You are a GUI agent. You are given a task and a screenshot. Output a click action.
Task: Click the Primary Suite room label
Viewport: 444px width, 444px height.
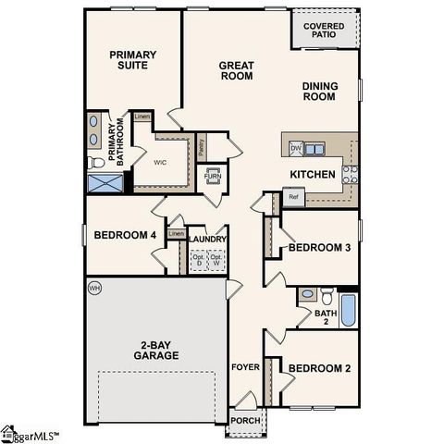coord(133,60)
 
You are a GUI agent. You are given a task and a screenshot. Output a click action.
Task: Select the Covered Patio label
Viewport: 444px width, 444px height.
coord(326,31)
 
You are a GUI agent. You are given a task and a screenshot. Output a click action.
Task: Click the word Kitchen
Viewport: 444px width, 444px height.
coord(312,174)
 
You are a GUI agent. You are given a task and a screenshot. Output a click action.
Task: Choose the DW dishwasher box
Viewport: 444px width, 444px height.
coord(295,148)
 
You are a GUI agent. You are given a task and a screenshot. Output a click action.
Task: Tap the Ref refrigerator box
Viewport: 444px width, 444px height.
coord(292,196)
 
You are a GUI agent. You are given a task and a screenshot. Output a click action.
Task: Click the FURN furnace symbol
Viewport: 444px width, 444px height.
coord(212,176)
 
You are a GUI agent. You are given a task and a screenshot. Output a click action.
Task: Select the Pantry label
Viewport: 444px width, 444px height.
coord(202,145)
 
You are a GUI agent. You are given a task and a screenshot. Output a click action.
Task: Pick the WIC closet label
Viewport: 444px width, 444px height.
coord(159,162)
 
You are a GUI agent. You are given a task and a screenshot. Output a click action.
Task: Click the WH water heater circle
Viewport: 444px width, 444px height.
coord(93,289)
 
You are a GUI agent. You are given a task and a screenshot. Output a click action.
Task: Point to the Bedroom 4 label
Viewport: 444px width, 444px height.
coord(125,235)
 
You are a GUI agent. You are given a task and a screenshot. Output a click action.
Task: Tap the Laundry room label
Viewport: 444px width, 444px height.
coord(207,239)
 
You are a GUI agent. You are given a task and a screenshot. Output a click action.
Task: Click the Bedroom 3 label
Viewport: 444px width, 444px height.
coord(319,248)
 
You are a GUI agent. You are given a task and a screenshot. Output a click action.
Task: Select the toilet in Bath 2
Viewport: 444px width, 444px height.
coord(327,297)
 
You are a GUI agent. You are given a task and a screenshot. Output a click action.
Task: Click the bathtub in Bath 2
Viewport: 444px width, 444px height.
coord(349,310)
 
